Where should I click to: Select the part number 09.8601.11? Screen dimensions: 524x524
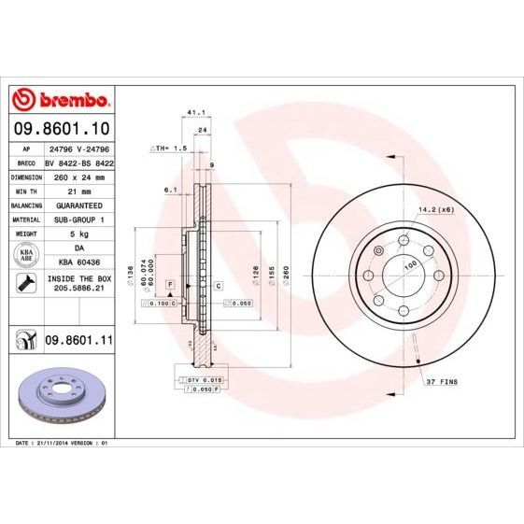pyautogui.click(x=78, y=343)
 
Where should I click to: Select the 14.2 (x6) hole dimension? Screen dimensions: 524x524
pyautogui.click(x=437, y=211)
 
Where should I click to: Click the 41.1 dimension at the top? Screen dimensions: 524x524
pyautogui.click(x=196, y=111)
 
